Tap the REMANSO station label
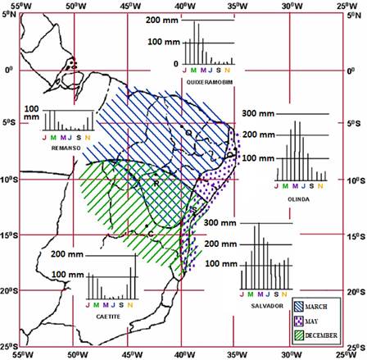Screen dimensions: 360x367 [63, 148]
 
